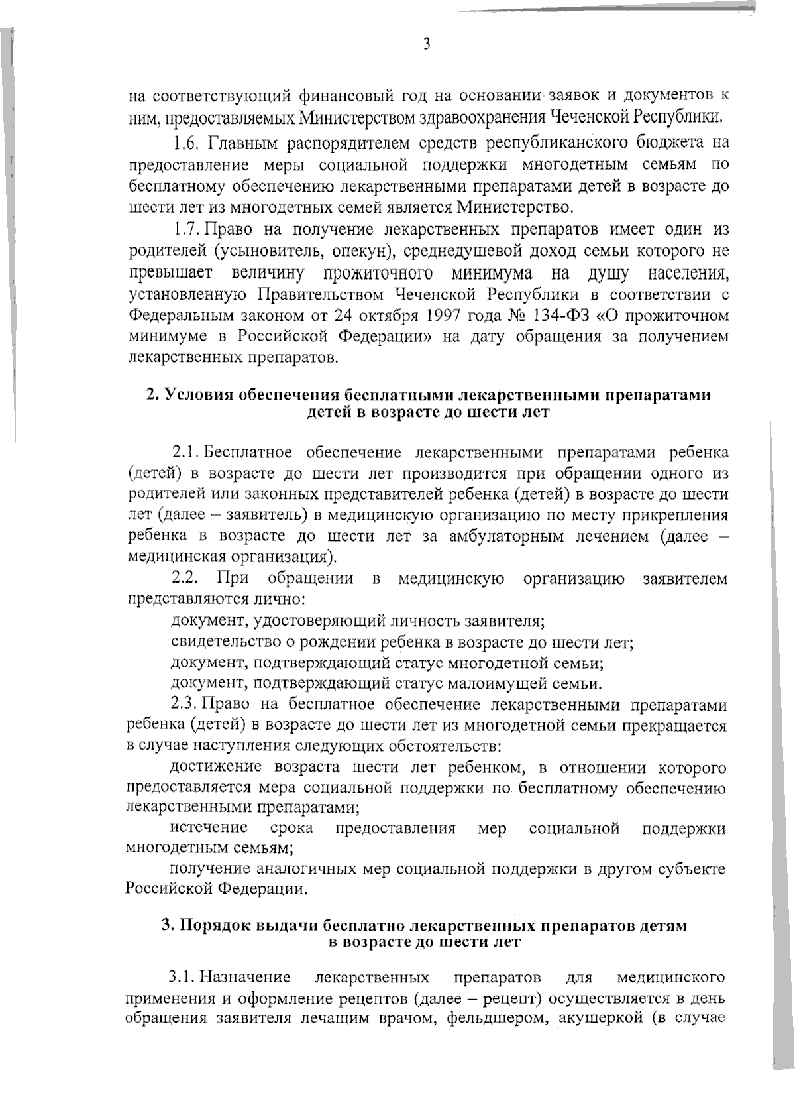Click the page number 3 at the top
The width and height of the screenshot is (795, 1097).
click(x=427, y=44)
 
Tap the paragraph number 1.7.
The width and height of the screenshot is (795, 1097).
click(x=185, y=229)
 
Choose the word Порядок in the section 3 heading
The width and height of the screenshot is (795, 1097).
click(x=215, y=925)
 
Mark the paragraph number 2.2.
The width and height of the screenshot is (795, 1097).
click(x=186, y=579)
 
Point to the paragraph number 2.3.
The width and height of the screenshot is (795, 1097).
click(x=185, y=704)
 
